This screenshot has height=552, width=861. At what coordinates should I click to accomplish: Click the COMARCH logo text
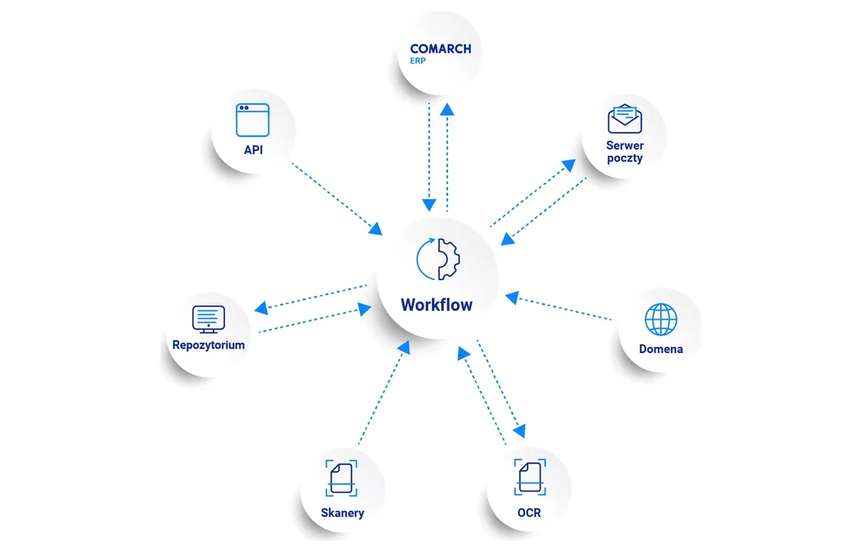click(x=440, y=49)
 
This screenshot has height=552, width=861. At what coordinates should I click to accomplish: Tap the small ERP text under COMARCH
click(x=418, y=61)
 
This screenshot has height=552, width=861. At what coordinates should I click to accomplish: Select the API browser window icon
click(x=252, y=120)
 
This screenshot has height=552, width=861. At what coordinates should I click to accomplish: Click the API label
click(x=253, y=150)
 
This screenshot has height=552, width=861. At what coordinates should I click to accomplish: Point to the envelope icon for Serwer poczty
click(x=625, y=119)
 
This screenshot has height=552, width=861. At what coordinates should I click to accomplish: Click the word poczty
click(x=625, y=158)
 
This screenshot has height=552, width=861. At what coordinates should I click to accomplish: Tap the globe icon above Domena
click(x=661, y=319)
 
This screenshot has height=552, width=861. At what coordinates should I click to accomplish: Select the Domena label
click(x=661, y=349)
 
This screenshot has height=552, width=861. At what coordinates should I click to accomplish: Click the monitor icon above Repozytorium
click(x=208, y=319)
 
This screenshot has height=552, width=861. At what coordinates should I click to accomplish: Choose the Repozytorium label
click(x=208, y=346)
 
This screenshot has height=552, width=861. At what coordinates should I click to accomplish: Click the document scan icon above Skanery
click(x=341, y=479)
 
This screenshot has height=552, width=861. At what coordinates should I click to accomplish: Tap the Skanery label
click(x=343, y=513)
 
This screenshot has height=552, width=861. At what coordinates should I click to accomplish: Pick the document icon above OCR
click(x=530, y=477)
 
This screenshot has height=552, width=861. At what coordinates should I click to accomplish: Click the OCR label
click(x=529, y=513)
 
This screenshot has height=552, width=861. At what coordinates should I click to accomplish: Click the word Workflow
click(x=437, y=305)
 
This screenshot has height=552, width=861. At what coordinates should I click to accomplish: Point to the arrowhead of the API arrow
click(x=376, y=228)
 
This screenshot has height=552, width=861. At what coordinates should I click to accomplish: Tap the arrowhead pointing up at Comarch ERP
click(x=447, y=109)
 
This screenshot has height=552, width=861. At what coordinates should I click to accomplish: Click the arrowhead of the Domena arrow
click(x=512, y=297)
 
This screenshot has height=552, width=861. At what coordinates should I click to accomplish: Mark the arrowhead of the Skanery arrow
click(x=404, y=347)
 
